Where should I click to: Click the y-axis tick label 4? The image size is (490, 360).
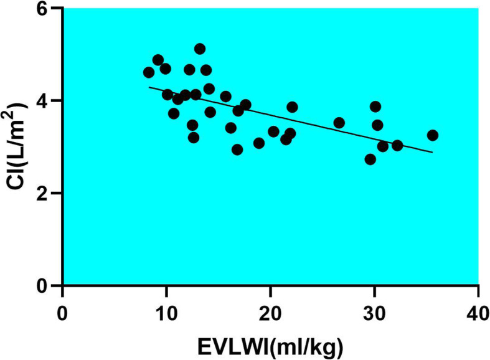[47, 101]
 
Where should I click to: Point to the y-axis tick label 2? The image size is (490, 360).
[47, 193]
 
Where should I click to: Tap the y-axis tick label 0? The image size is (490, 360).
[47, 285]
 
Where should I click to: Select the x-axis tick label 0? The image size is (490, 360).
[62, 309]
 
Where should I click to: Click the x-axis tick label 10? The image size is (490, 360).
[166, 309]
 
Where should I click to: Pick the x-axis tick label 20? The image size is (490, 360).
[270, 309]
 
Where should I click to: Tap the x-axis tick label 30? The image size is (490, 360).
[374, 309]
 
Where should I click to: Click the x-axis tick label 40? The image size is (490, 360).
[478, 309]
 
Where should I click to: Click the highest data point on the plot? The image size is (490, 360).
[199, 49]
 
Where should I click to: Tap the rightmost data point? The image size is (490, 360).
[433, 135]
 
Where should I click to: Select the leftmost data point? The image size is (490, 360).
[148, 72]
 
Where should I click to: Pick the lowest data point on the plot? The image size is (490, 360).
[370, 159]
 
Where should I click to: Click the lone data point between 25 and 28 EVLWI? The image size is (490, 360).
[339, 123]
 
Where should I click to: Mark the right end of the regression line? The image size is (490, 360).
[432, 152]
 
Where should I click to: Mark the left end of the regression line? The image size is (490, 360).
[148, 87]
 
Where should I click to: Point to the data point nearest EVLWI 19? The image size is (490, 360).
[259, 143]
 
